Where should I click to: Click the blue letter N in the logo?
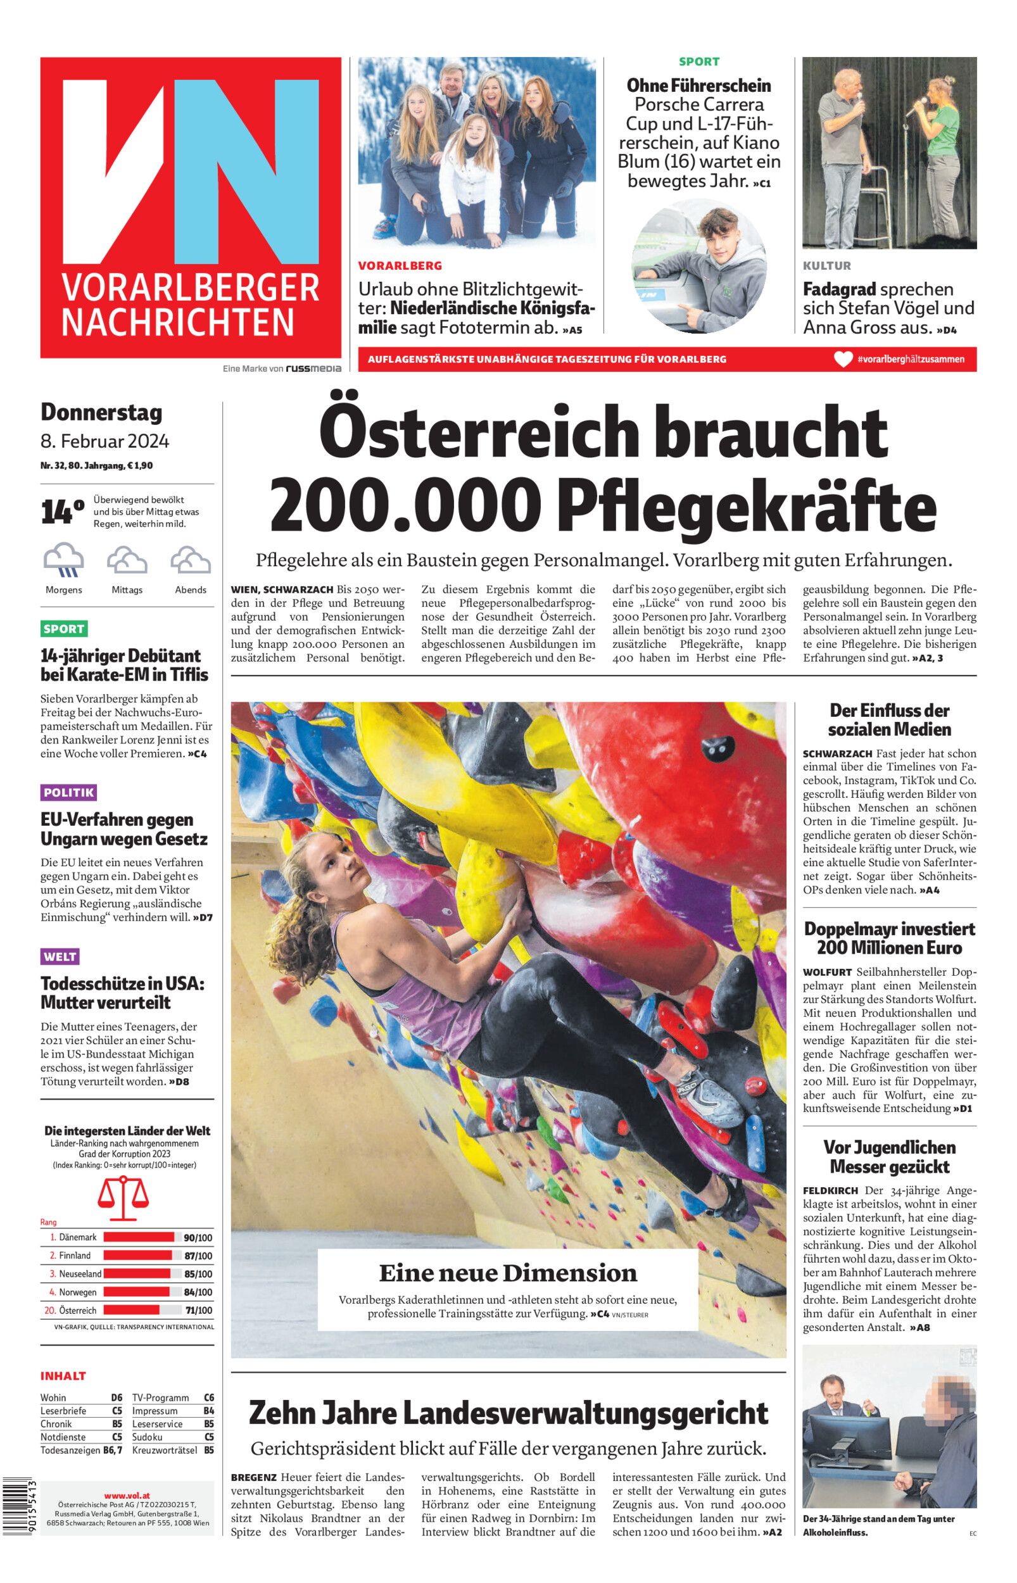click(244, 172)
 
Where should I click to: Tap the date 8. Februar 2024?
click(105, 441)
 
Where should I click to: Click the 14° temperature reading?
click(63, 512)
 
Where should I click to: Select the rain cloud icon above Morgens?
click(63, 560)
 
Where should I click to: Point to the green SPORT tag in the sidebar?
click(64, 628)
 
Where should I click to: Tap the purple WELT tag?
click(60, 957)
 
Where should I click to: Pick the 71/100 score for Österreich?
click(199, 1310)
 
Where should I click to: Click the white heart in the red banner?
click(843, 360)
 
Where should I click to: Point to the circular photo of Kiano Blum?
click(699, 269)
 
